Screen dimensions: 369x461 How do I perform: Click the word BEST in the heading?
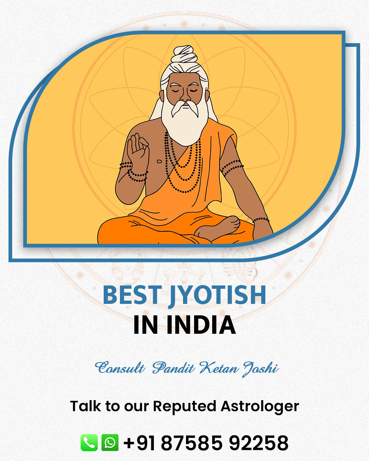click(132, 295)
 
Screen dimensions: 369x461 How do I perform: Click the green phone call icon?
click(89, 443)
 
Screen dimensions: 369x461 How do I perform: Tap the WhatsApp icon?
click(110, 443)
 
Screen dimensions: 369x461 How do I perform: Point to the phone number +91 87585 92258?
click(206, 443)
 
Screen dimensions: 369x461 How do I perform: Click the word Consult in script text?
click(120, 368)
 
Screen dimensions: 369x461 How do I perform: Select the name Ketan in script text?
click(219, 368)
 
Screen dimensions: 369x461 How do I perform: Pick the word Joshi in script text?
click(260, 369)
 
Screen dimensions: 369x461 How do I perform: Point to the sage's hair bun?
click(185, 53)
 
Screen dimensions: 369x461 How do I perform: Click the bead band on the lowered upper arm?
click(232, 167)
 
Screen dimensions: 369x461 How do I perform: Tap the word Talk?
click(85, 406)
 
